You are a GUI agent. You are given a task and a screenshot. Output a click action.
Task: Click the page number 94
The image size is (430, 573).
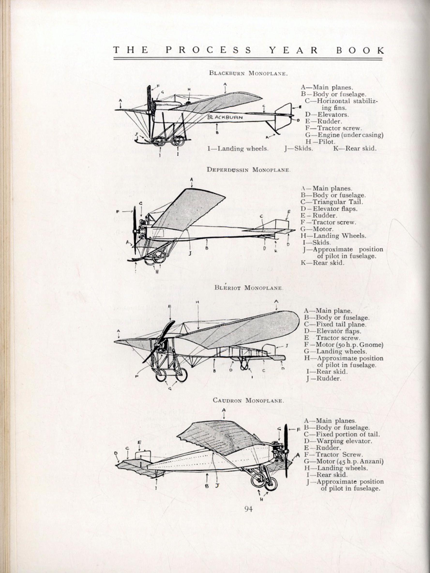click(248, 509)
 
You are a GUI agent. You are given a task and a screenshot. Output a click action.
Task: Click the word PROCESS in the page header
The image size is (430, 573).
click(208, 50)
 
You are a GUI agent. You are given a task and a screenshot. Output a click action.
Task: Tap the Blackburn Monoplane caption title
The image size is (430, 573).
click(248, 73)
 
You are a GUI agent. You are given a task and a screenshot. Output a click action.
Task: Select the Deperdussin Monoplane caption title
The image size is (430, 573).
click(248, 170)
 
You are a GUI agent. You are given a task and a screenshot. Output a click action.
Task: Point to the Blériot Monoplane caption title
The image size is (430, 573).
click(249, 288)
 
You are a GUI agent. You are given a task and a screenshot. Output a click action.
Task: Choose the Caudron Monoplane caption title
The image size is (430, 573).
click(248, 400)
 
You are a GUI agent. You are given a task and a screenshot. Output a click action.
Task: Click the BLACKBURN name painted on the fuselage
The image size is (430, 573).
click(225, 117)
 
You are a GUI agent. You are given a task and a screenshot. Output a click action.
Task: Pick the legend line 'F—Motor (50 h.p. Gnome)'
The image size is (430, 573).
click(344, 345)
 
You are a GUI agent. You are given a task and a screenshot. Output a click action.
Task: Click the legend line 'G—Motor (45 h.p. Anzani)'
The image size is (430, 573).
click(344, 461)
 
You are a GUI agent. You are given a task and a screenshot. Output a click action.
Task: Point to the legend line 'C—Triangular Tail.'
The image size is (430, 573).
click(332, 202)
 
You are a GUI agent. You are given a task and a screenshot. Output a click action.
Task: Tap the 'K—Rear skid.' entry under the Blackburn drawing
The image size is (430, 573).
click(354, 148)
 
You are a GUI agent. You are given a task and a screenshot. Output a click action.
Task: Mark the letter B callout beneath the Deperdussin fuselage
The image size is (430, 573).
click(207, 248)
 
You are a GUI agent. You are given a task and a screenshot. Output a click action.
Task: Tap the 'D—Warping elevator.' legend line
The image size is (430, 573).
click(338, 441)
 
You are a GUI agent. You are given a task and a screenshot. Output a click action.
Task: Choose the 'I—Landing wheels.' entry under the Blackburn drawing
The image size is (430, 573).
click(238, 149)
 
